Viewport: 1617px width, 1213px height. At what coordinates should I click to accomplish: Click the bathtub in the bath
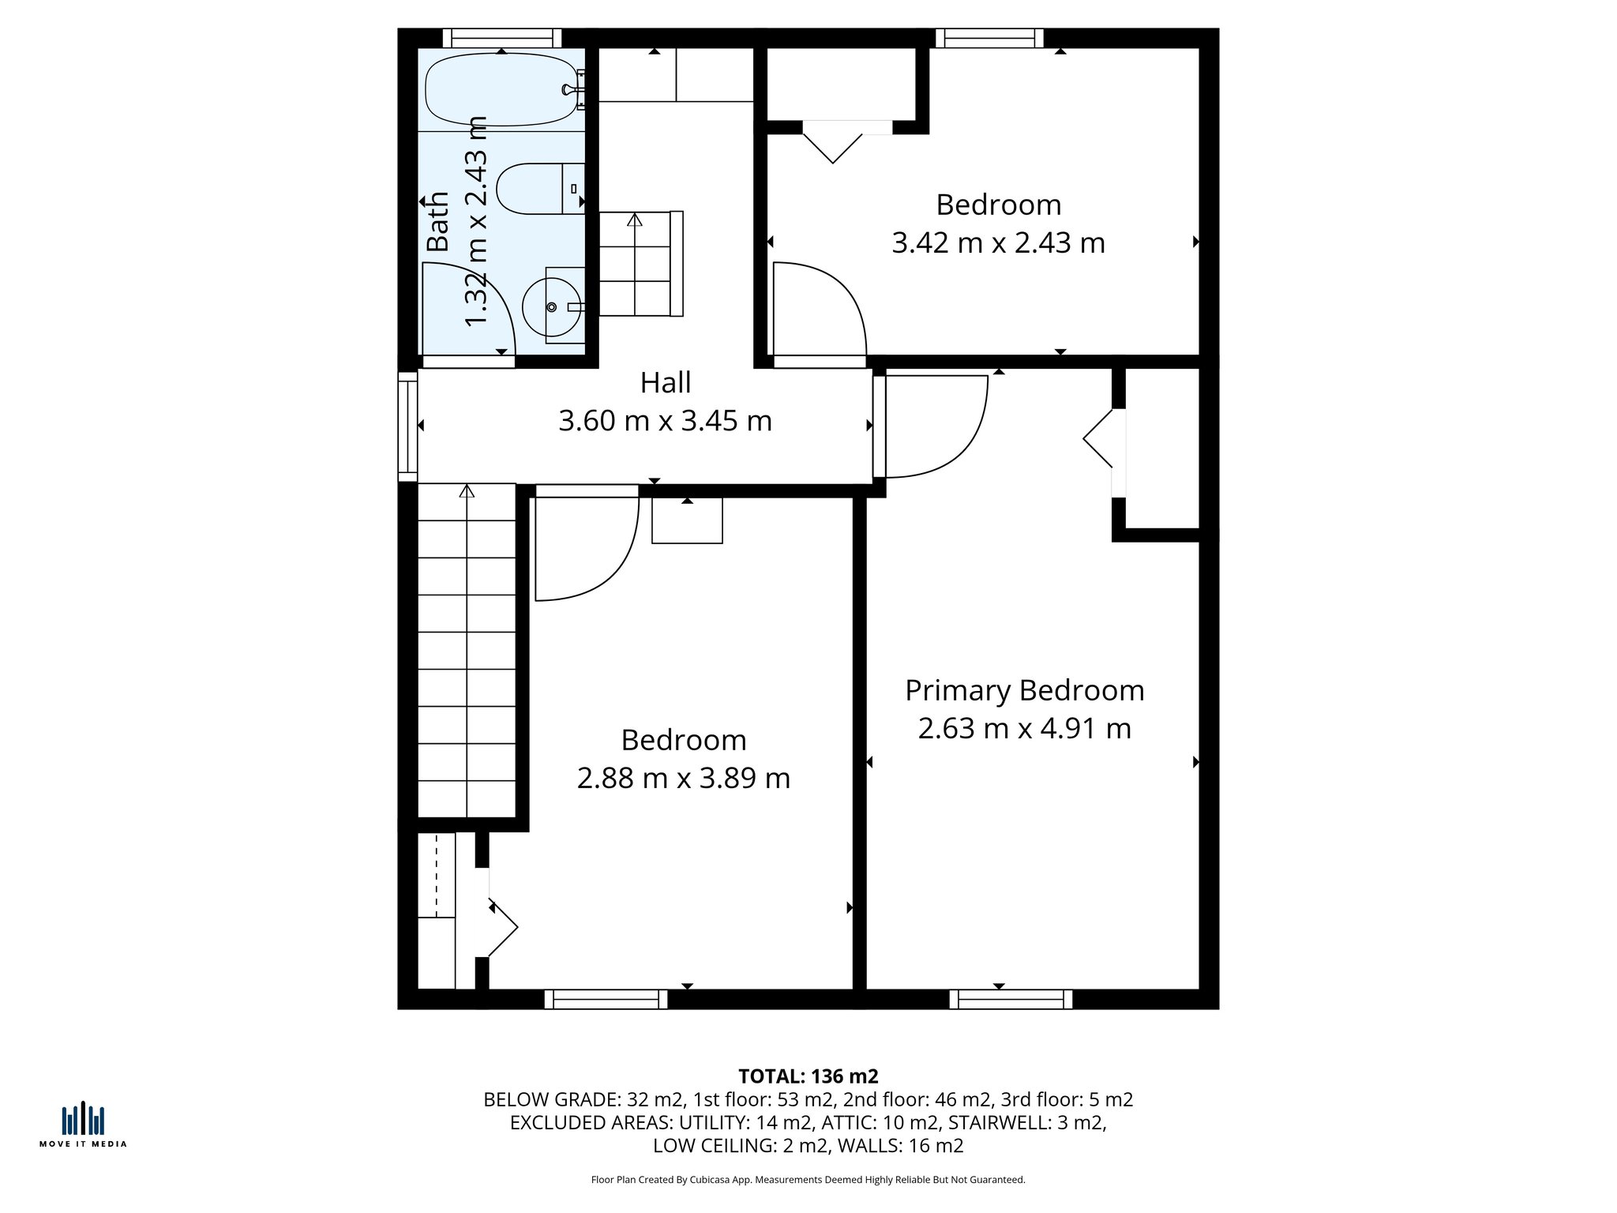pyautogui.click(x=501, y=89)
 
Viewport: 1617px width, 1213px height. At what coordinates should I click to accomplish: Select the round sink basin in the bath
pyautogui.click(x=552, y=306)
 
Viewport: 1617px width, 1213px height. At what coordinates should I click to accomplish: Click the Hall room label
pyautogui.click(x=665, y=383)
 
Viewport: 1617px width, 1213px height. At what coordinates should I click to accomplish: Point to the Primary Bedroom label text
pyautogui.click(x=1024, y=691)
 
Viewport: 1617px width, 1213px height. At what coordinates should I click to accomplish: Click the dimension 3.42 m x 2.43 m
pyautogui.click(x=998, y=243)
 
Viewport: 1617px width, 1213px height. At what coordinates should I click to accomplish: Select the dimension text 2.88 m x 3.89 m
pyautogui.click(x=683, y=779)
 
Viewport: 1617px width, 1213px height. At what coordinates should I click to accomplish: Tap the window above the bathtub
pyautogui.click(x=501, y=38)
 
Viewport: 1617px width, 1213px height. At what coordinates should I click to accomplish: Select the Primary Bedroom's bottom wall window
pyautogui.click(x=1011, y=1000)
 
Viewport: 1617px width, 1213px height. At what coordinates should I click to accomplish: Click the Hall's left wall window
pyautogui.click(x=407, y=426)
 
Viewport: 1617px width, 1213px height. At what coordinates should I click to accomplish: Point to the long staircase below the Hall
pyautogui.click(x=467, y=652)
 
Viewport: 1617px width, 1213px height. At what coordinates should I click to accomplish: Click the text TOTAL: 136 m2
pyautogui.click(x=808, y=1076)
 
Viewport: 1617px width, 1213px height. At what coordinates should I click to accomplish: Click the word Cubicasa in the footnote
pyautogui.click(x=707, y=1180)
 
